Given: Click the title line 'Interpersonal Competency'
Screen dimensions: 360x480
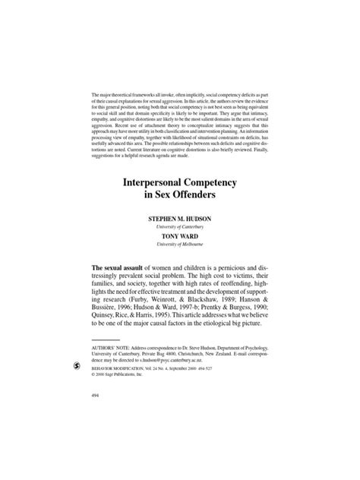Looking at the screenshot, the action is (180, 185).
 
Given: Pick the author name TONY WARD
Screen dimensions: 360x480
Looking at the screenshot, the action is (180, 236).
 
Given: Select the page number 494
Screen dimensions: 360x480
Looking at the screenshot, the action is (95, 396).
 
